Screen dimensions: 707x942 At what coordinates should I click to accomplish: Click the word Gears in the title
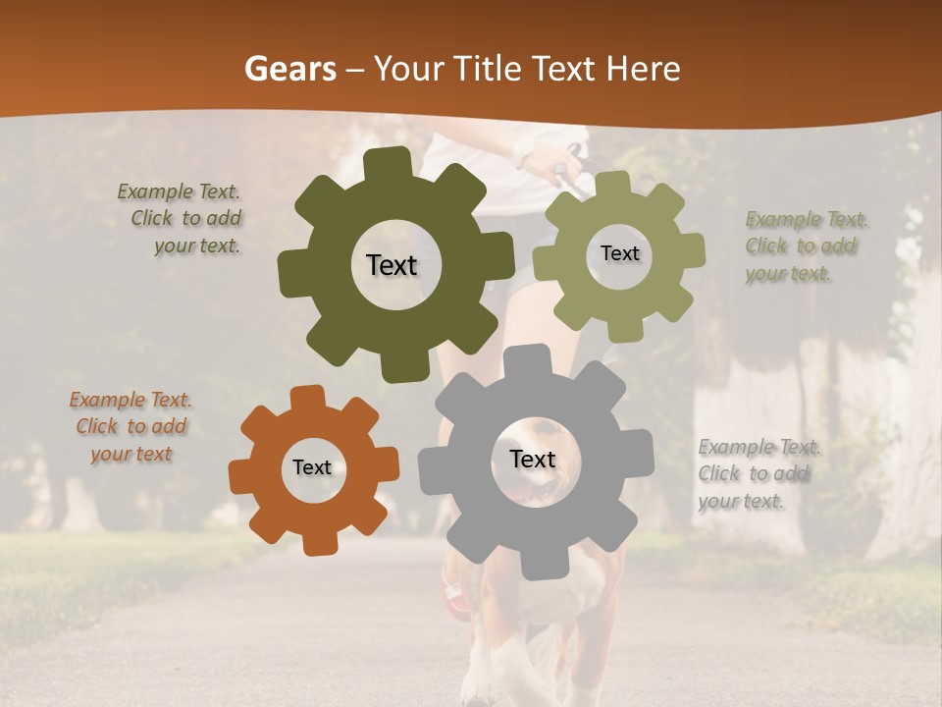(x=289, y=69)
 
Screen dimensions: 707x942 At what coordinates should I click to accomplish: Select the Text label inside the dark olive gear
(x=392, y=265)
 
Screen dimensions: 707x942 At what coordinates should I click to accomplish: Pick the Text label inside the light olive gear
(x=619, y=253)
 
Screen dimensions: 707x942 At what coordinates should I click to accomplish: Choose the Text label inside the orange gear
(x=312, y=468)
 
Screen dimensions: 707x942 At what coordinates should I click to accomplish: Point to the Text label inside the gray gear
(x=533, y=460)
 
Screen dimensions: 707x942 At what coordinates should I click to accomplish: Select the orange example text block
(x=131, y=427)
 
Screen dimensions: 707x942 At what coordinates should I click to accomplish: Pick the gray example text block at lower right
(x=756, y=474)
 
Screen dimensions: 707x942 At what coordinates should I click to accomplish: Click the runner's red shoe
(x=456, y=594)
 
